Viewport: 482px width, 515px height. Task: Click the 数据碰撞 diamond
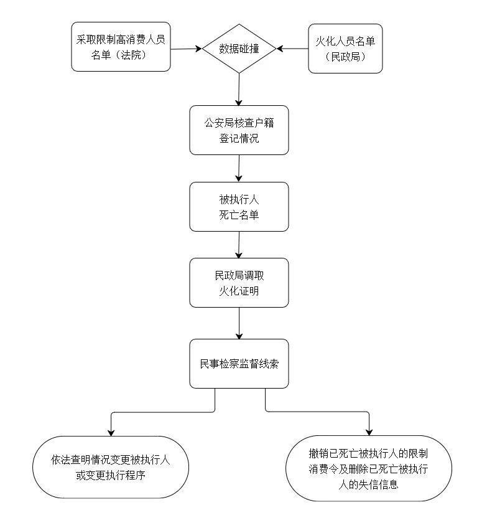pos(239,49)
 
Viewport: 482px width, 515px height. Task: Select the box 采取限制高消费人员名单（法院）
pos(121,48)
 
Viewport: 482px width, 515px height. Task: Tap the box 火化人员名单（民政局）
pos(345,49)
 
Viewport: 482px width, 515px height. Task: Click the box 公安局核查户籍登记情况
pos(239,130)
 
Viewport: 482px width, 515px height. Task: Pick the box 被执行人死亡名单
pos(239,207)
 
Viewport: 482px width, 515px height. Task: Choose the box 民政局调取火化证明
pos(239,283)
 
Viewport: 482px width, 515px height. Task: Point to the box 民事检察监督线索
pos(239,364)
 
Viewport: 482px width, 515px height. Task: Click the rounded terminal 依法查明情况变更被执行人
pos(110,467)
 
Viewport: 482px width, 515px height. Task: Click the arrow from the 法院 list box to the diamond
pos(187,49)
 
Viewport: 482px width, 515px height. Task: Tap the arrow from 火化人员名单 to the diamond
pos(293,48)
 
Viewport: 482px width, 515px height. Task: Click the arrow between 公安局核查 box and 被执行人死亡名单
pos(239,168)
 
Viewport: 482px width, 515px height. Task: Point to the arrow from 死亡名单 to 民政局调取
pos(239,244)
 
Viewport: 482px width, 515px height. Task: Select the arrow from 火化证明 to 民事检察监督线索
pos(239,323)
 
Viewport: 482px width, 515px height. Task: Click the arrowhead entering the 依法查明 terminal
pos(111,432)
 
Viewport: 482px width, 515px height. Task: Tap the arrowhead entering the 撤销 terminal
pos(370,431)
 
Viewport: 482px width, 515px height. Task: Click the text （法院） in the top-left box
pos(132,55)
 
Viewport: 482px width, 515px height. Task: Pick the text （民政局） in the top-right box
pos(345,56)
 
